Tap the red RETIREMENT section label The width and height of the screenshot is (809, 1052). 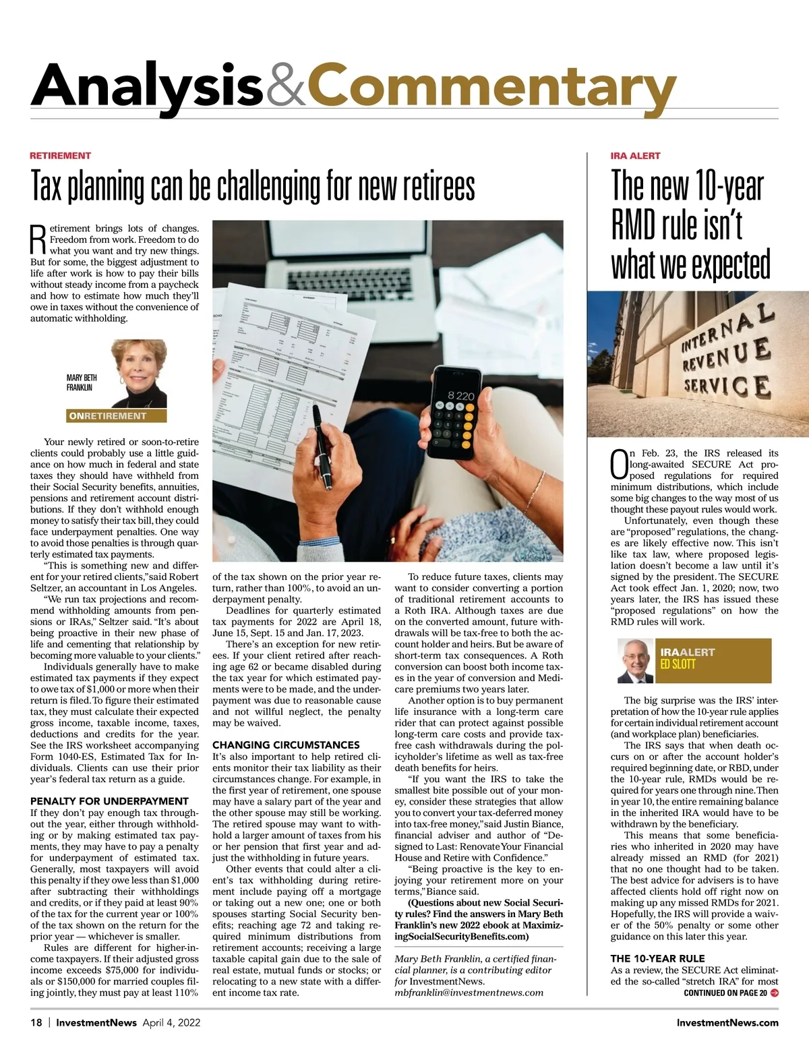click(60, 156)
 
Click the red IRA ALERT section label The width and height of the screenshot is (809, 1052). click(635, 156)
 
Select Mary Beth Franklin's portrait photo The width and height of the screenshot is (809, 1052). click(139, 373)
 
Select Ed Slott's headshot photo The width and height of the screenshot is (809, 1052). click(635, 661)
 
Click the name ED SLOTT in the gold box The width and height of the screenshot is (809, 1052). click(678, 664)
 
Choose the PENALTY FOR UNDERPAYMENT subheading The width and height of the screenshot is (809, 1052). click(109, 801)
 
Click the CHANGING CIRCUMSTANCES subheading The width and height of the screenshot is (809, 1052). click(286, 745)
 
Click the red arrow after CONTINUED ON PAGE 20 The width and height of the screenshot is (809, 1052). click(774, 993)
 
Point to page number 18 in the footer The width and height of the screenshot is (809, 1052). click(36, 1022)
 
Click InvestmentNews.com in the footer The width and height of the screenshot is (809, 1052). click(727, 1022)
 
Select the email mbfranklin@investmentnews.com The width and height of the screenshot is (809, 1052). click(469, 993)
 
